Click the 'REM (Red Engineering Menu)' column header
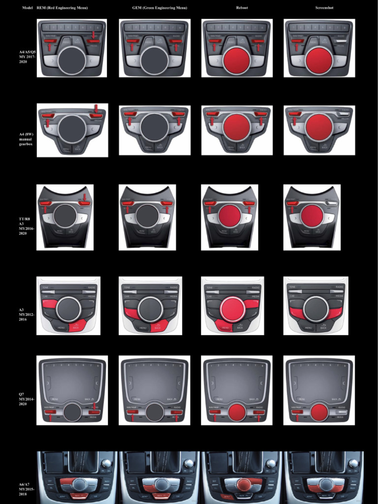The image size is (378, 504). pos(62,8)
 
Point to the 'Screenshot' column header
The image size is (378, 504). pos(324,8)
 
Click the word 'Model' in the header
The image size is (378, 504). pos(27,8)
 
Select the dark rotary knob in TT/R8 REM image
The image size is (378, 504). pos(64,216)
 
